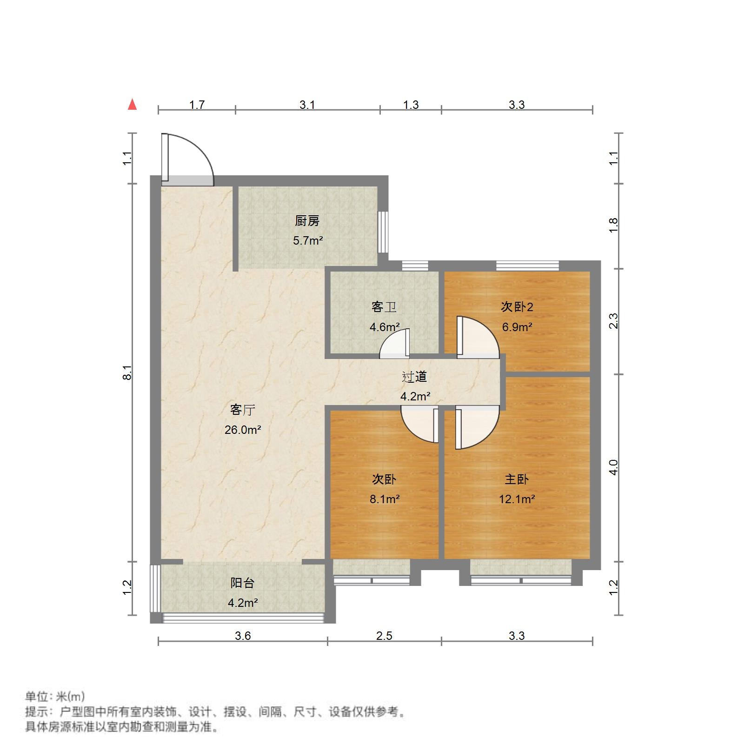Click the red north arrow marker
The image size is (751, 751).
(x=133, y=105)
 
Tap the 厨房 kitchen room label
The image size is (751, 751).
(x=307, y=221)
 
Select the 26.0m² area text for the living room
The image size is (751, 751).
(x=243, y=430)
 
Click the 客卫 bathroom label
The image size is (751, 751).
(x=384, y=307)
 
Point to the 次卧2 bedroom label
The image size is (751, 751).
(x=517, y=307)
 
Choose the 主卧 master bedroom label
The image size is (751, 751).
(x=517, y=479)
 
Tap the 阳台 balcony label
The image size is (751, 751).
(x=242, y=583)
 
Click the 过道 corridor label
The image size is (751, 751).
(x=414, y=377)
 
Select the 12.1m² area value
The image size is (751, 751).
(x=517, y=499)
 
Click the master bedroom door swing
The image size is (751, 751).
(x=477, y=428)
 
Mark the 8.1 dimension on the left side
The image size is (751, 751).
(x=127, y=373)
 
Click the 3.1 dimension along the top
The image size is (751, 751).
(x=307, y=105)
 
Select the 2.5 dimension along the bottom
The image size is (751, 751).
(x=384, y=636)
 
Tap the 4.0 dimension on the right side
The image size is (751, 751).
(x=614, y=467)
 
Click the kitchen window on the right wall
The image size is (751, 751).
(x=383, y=232)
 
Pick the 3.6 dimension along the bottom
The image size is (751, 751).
(x=243, y=636)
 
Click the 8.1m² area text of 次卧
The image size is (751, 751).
(x=385, y=499)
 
